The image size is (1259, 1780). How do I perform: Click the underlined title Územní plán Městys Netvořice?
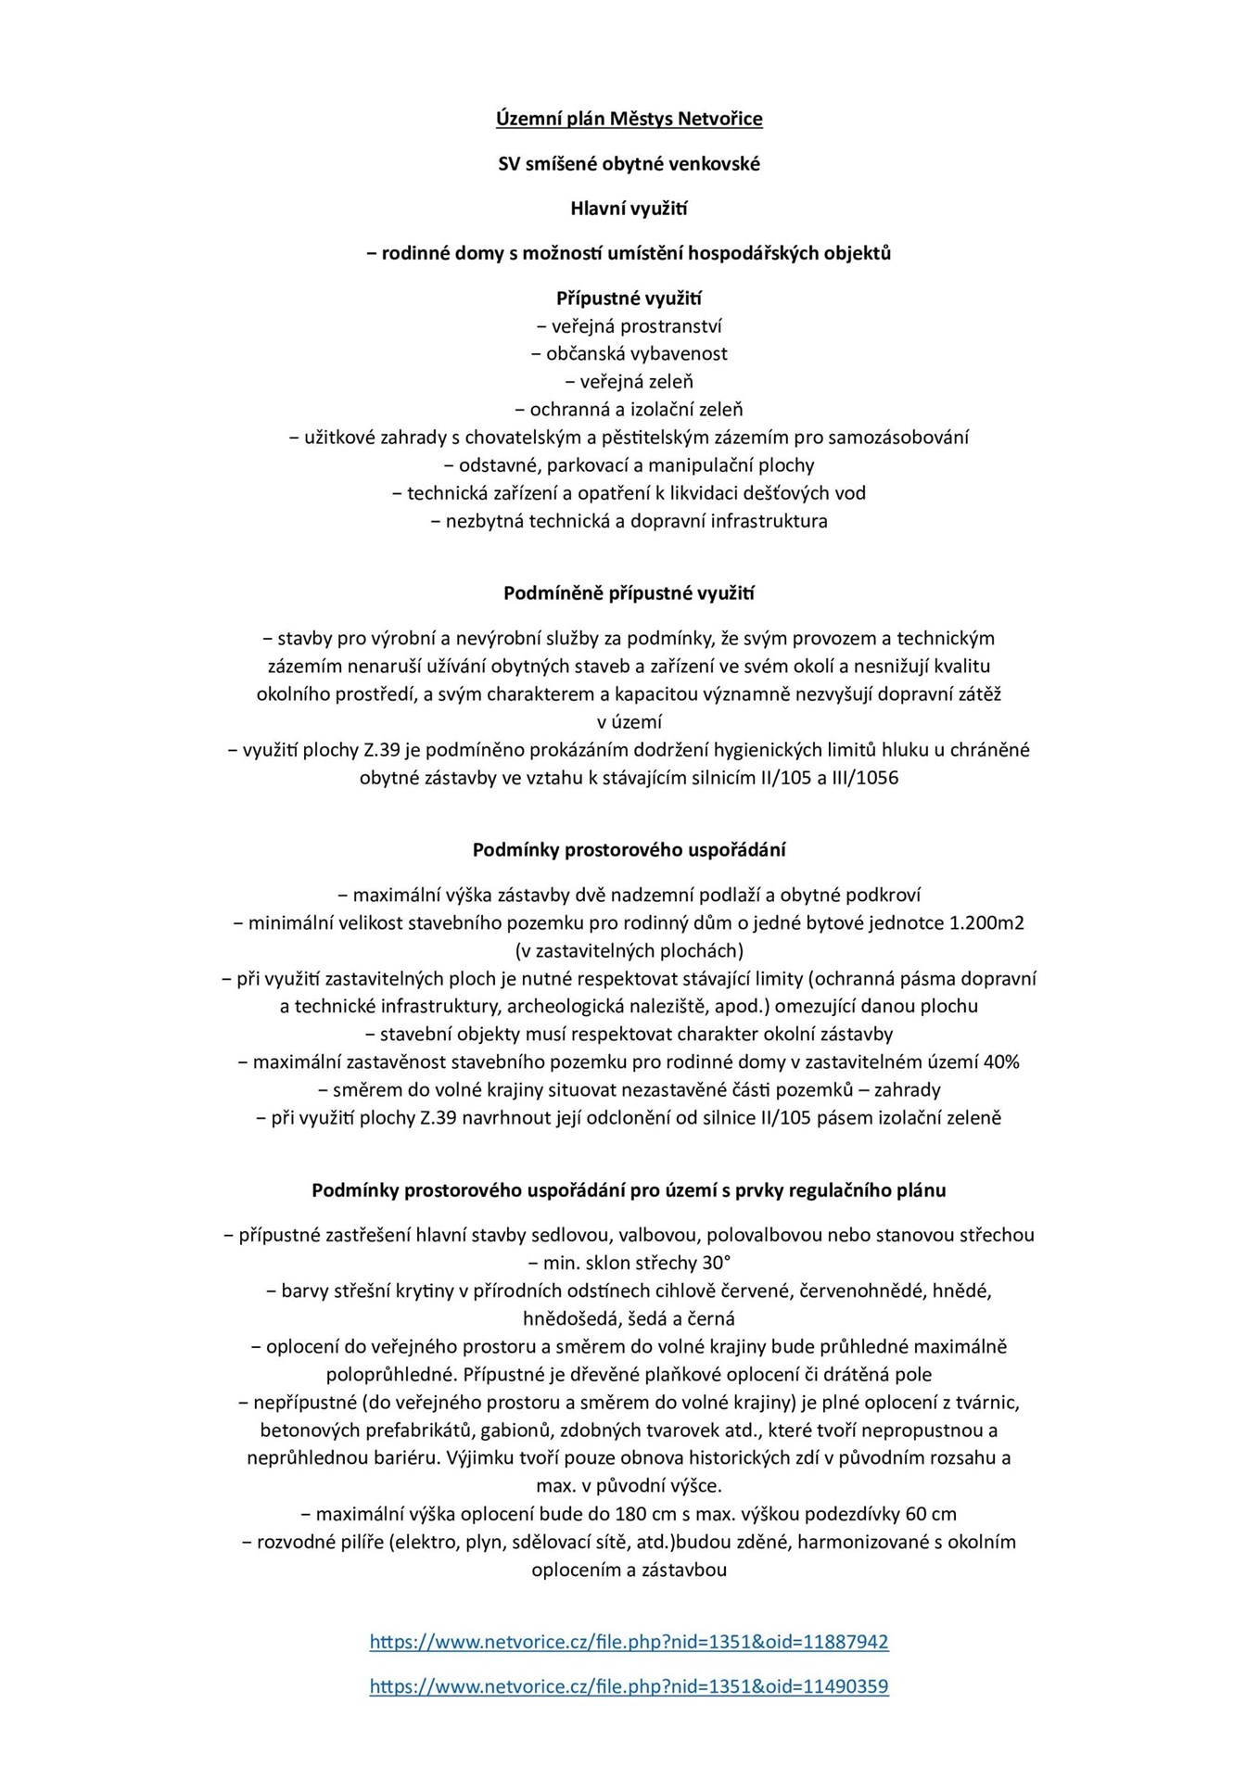[629, 119]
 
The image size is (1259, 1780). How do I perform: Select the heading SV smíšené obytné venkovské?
[629, 164]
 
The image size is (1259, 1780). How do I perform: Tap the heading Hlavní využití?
[629, 209]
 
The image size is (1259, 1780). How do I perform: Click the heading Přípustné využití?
[629, 299]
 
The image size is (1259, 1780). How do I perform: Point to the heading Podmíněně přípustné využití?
[629, 593]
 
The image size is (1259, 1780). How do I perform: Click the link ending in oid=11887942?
[629, 1642]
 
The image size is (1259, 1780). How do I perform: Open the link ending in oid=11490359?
[629, 1686]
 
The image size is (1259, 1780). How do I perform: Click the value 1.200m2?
[986, 923]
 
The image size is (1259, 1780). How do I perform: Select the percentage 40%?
[1001, 1062]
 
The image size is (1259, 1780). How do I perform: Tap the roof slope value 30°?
[717, 1263]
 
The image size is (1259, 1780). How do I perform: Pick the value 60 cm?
[931, 1514]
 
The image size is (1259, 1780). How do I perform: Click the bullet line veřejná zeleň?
[629, 382]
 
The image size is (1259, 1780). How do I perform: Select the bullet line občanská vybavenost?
[629, 354]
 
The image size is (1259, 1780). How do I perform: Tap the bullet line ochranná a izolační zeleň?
[629, 410]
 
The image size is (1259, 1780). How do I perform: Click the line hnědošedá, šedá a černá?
[629, 1318]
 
